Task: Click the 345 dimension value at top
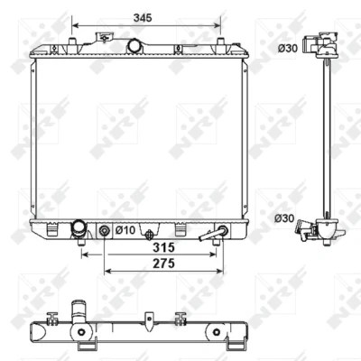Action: tap(143, 18)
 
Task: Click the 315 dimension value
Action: tap(163, 247)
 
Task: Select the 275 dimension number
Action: tap(163, 264)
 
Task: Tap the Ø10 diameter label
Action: tap(125, 230)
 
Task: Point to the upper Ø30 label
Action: tap(288, 48)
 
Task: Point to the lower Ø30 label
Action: tap(284, 218)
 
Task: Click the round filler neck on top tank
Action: tap(134, 46)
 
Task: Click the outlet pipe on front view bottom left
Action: tap(79, 229)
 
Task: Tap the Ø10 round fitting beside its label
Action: tap(104, 231)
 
